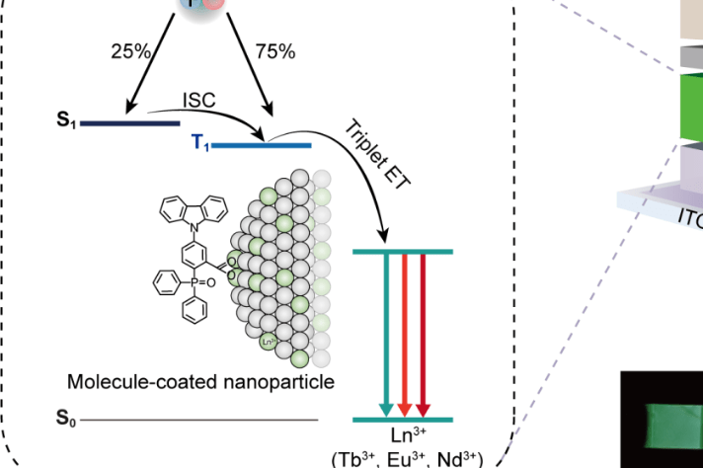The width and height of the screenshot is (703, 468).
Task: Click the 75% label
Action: (x=274, y=51)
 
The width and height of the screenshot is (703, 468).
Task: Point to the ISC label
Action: (x=197, y=101)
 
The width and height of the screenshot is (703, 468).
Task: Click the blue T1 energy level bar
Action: (x=263, y=145)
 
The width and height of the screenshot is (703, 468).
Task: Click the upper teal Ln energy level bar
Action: (x=402, y=252)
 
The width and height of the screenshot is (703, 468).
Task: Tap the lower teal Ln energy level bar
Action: (x=402, y=419)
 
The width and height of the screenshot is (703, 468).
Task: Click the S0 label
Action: (x=65, y=420)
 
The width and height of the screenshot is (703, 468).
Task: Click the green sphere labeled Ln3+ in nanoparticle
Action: (x=267, y=343)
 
